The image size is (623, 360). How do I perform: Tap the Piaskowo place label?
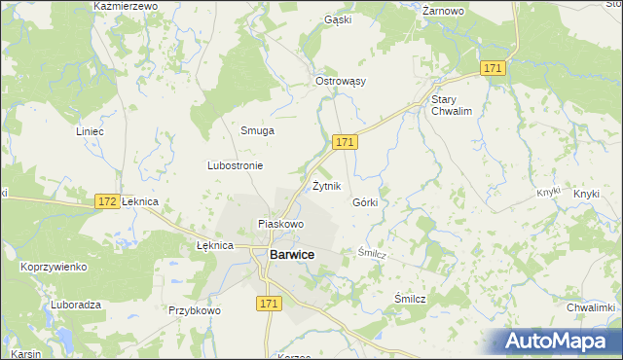(280, 224)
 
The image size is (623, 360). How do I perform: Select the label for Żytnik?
(327, 185)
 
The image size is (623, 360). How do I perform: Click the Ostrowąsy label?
(340, 81)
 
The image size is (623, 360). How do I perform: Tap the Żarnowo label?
(444, 11)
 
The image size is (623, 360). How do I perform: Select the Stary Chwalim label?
(451, 105)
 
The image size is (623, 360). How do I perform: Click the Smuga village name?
(257, 130)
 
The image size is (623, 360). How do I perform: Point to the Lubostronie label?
(235, 165)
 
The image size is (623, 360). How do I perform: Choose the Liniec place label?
(90, 130)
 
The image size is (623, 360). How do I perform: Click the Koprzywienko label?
(54, 267)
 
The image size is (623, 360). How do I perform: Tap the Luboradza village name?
(73, 305)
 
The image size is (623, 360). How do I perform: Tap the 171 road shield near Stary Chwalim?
(494, 68)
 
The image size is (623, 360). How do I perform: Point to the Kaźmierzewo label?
(125, 6)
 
